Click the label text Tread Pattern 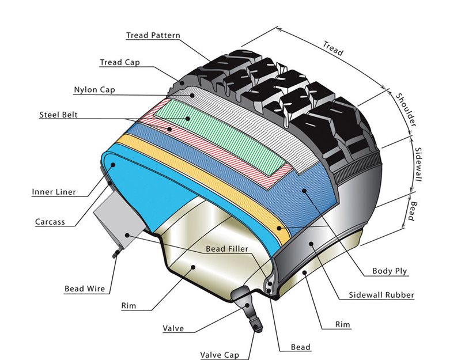click(x=153, y=35)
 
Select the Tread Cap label click(x=119, y=62)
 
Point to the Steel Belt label click(x=58, y=115)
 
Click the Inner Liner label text click(x=54, y=192)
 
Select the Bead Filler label click(x=228, y=249)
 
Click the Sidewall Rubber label click(x=381, y=295)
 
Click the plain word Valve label click(x=173, y=328)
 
